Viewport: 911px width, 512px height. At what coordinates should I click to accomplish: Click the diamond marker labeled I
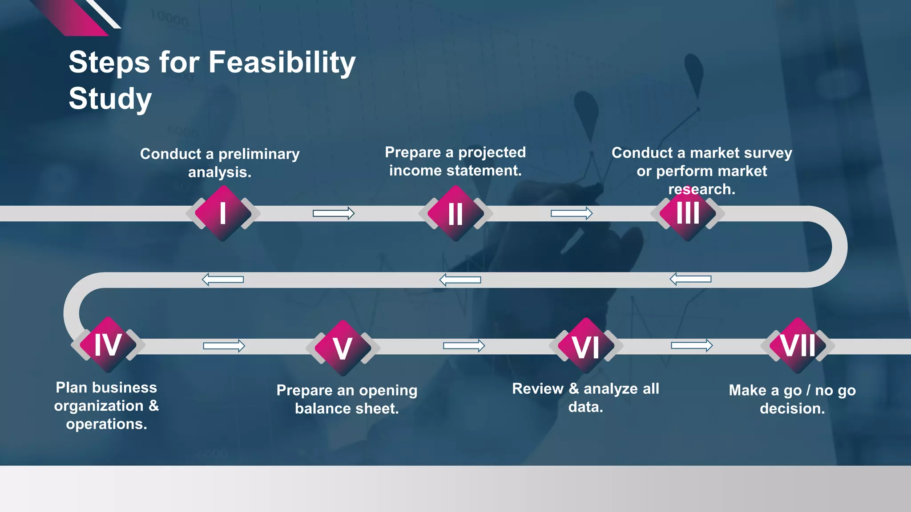tap(223, 213)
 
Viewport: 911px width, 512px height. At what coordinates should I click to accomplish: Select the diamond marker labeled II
tap(455, 213)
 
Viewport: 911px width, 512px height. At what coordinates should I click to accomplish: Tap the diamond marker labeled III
tap(688, 213)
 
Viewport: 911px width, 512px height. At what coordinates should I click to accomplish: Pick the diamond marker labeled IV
tap(108, 345)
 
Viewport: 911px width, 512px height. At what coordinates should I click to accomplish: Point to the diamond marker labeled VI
tap(586, 346)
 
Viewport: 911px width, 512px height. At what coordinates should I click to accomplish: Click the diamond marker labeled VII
tap(798, 345)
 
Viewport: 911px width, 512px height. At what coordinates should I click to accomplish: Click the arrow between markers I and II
tap(334, 213)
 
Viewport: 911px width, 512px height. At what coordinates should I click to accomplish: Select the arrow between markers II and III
tap(572, 213)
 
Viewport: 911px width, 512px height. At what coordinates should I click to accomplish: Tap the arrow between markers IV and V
tap(224, 346)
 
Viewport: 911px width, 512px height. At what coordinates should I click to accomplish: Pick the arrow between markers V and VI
tap(464, 346)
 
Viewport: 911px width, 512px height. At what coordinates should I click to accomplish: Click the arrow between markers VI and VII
tap(692, 345)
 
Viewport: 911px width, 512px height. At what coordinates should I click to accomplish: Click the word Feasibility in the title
tap(282, 62)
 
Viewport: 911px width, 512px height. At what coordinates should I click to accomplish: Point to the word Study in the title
tap(110, 99)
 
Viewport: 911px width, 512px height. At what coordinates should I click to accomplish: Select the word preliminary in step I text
tap(259, 154)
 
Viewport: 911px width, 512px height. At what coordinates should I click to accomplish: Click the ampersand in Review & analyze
tap(574, 388)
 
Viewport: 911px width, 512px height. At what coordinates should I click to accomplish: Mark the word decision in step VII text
tap(792, 408)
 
